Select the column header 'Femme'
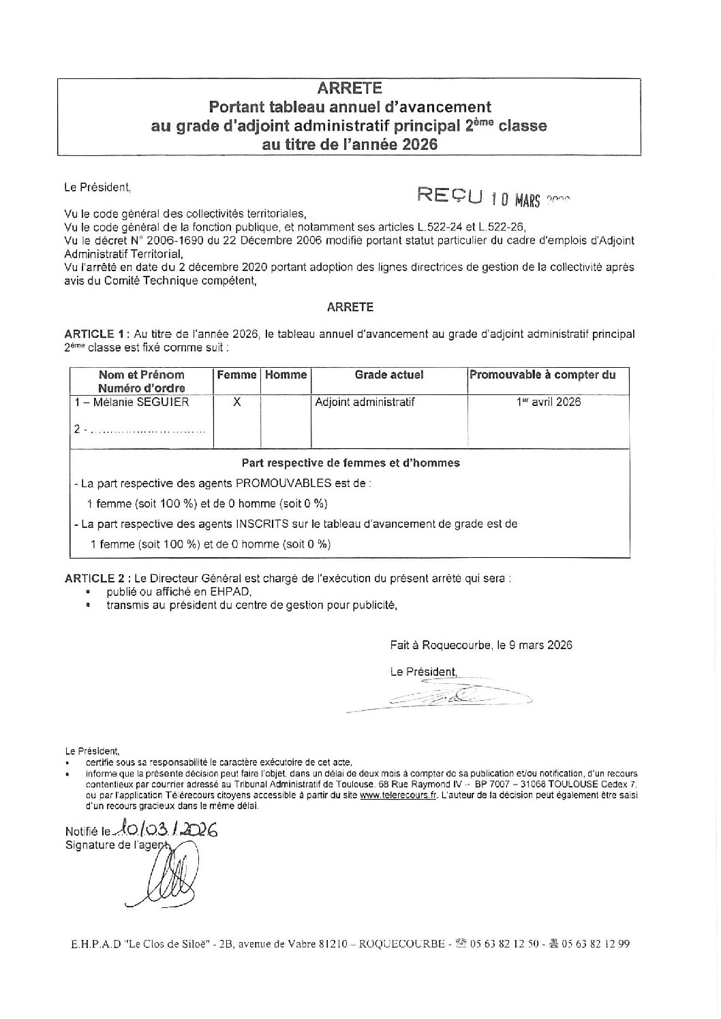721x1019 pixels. [236, 375]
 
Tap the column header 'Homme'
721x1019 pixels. [286, 375]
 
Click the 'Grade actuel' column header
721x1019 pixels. [389, 375]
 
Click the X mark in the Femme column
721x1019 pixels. [236, 402]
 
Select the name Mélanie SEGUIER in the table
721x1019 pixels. [132, 402]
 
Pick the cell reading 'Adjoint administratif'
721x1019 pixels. [365, 402]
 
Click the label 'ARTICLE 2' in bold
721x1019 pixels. [94, 578]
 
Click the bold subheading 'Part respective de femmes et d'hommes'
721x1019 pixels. [351, 463]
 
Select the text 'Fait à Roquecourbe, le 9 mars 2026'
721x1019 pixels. [481, 644]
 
